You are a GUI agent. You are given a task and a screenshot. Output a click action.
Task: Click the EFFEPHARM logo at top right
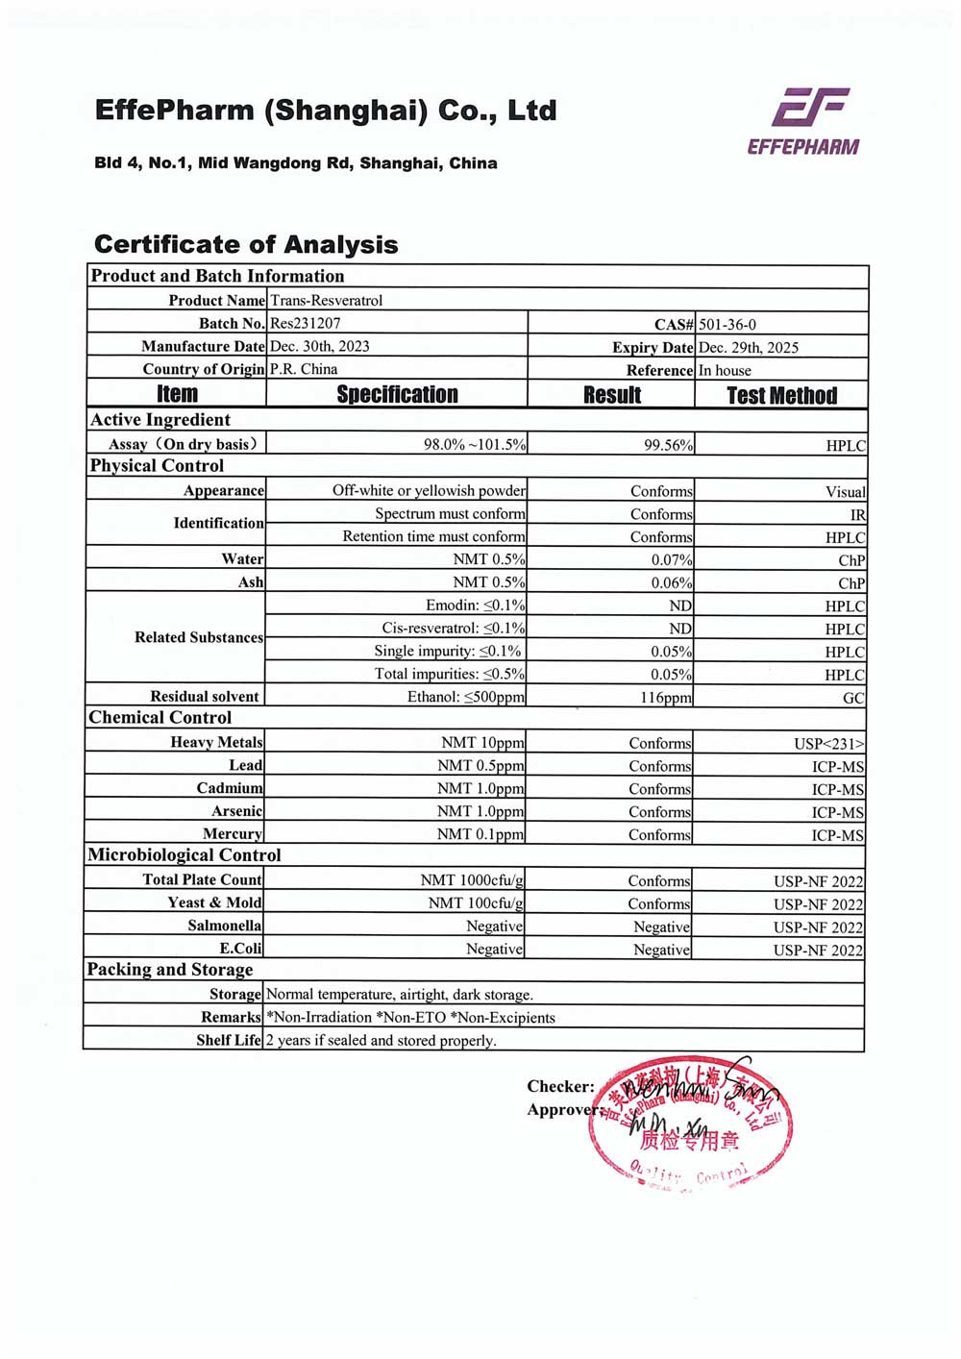coord(803,120)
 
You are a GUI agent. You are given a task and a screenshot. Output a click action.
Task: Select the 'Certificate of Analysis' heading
coord(246,244)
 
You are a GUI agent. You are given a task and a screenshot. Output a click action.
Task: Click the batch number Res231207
coord(306,324)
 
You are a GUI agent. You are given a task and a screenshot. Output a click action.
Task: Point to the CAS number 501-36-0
coord(727,325)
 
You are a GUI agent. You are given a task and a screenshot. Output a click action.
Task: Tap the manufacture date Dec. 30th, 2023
coord(320,346)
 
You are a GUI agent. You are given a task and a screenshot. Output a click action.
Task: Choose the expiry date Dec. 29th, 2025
coord(749,348)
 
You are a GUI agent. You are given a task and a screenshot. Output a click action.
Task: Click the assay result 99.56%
coord(668,445)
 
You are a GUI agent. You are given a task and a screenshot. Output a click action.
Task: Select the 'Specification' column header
coord(397,395)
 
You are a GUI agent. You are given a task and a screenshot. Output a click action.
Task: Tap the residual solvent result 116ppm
coord(665,698)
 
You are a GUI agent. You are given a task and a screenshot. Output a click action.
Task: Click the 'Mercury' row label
coord(233,834)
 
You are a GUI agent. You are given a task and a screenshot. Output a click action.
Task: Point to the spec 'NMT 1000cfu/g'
coord(472,880)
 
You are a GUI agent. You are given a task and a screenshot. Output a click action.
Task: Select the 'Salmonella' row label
coord(224,926)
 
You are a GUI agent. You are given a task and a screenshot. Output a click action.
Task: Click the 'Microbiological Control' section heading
coord(185,855)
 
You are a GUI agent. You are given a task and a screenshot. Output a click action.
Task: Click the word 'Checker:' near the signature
coord(560,1087)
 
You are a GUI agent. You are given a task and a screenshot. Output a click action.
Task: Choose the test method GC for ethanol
coord(853,699)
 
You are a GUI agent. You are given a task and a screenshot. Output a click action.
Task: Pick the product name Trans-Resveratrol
coord(326,301)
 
